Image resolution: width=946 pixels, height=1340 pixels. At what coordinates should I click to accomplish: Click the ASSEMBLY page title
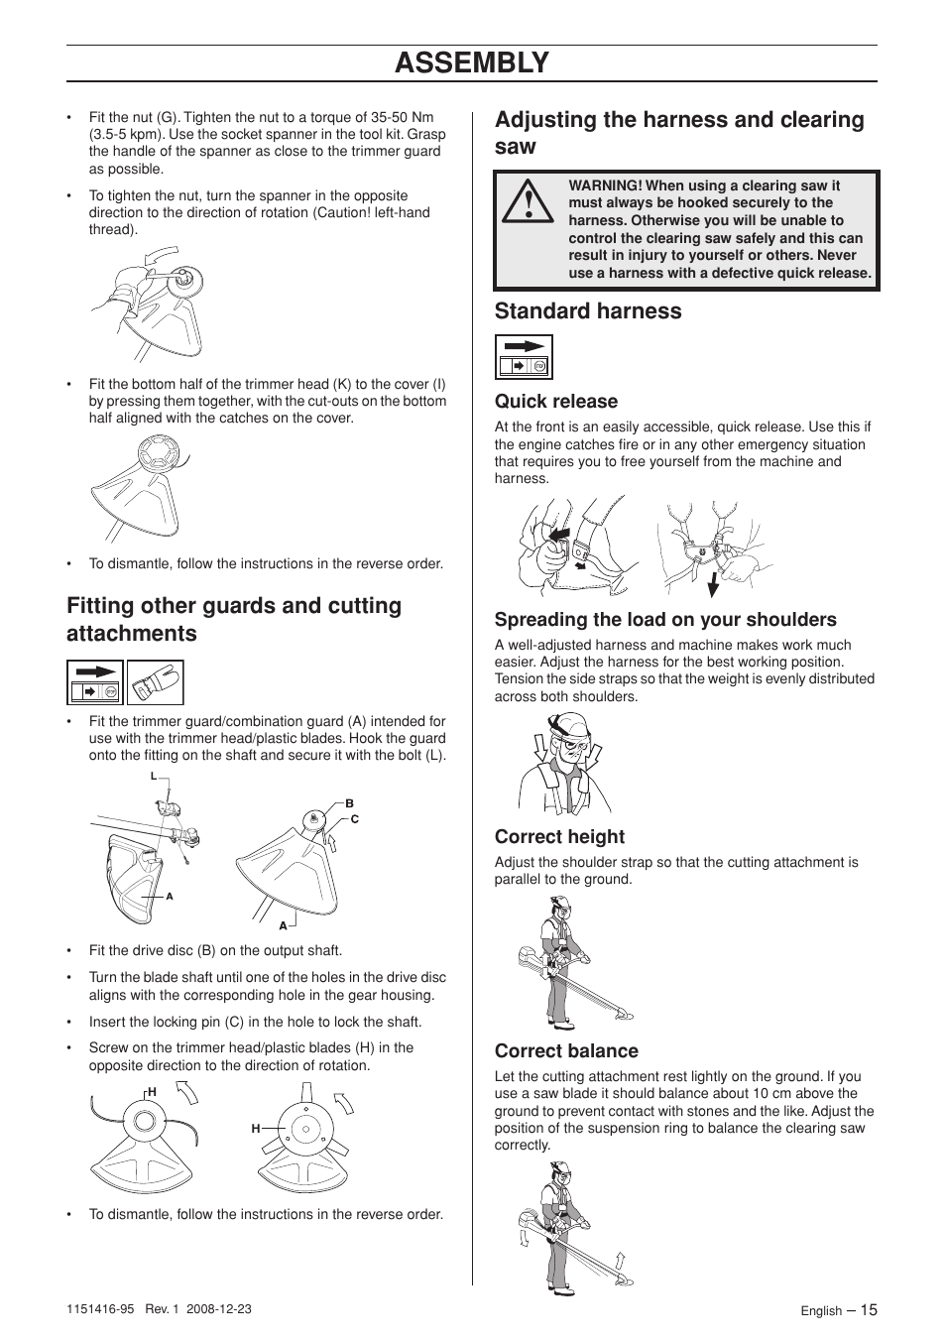coord(471,62)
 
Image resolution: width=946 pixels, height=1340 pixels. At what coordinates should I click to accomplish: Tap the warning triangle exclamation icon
coord(529,201)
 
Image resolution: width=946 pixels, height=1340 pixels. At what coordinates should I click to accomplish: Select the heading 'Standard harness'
coord(588,311)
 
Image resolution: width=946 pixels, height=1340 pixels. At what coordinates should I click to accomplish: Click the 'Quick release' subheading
coord(555,402)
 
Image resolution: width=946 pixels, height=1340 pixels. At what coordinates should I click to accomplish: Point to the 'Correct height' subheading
coord(559,837)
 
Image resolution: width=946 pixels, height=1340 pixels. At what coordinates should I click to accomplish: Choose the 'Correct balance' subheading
coord(566,1051)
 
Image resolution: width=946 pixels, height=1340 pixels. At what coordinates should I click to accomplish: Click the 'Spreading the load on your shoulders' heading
coord(665,620)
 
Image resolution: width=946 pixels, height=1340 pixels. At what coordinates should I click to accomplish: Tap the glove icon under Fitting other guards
coord(155,683)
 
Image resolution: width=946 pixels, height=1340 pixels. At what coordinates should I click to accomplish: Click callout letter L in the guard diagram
coord(154,776)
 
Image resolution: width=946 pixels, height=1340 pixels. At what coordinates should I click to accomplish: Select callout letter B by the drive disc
coord(349,803)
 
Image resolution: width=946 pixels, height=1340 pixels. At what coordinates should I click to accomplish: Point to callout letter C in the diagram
coord(354,820)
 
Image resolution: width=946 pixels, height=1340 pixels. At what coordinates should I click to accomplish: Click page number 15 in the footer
coord(869,1309)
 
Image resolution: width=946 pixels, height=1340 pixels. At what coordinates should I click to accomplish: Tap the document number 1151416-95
coord(103,1309)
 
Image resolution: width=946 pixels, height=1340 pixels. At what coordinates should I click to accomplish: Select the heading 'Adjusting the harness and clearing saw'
coord(679,133)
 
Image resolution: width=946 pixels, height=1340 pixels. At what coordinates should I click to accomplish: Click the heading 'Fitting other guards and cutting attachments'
coord(234,620)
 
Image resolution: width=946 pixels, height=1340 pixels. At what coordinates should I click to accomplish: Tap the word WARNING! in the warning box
coord(605,185)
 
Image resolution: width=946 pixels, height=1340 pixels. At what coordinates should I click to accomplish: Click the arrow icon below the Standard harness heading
coord(524,357)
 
